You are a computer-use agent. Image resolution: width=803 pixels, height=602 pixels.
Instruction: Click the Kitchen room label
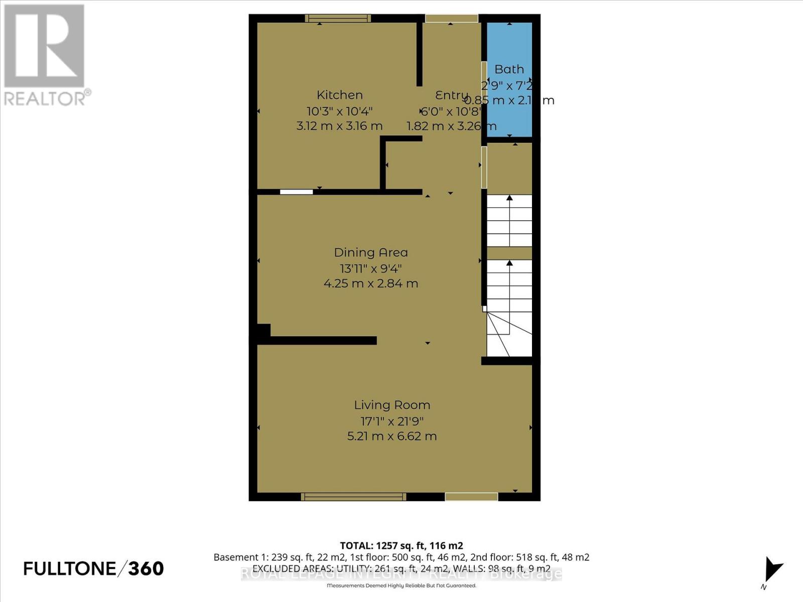[339, 95]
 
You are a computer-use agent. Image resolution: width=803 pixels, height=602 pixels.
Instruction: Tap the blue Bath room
[509, 50]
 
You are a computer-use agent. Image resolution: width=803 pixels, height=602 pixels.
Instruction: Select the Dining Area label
[371, 252]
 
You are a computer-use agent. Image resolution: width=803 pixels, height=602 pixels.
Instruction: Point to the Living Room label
[392, 405]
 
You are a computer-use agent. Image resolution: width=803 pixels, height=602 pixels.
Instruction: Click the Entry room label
[451, 95]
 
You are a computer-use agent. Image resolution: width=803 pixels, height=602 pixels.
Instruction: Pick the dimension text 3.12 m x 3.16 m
[339, 126]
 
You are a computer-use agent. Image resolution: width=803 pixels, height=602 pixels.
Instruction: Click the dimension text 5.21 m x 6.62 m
[392, 436]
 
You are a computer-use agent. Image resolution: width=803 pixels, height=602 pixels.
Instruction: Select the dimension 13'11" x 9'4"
[371, 268]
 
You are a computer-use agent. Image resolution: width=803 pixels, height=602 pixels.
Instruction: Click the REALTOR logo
[45, 55]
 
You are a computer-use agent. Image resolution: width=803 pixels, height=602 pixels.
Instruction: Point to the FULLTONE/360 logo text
[94, 568]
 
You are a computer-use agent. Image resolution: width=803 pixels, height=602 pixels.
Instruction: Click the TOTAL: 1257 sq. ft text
[401, 545]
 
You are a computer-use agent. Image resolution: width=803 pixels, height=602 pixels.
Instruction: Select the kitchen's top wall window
[338, 19]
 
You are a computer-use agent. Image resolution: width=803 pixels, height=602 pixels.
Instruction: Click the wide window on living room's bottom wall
[353, 497]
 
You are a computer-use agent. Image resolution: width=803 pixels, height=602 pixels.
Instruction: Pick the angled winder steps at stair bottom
[509, 334]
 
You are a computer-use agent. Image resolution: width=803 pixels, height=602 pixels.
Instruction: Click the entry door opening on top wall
[451, 19]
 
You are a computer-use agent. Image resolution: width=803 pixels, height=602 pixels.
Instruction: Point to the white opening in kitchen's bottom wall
[296, 192]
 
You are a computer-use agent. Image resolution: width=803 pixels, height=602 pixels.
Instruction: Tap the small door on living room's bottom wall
[471, 497]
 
